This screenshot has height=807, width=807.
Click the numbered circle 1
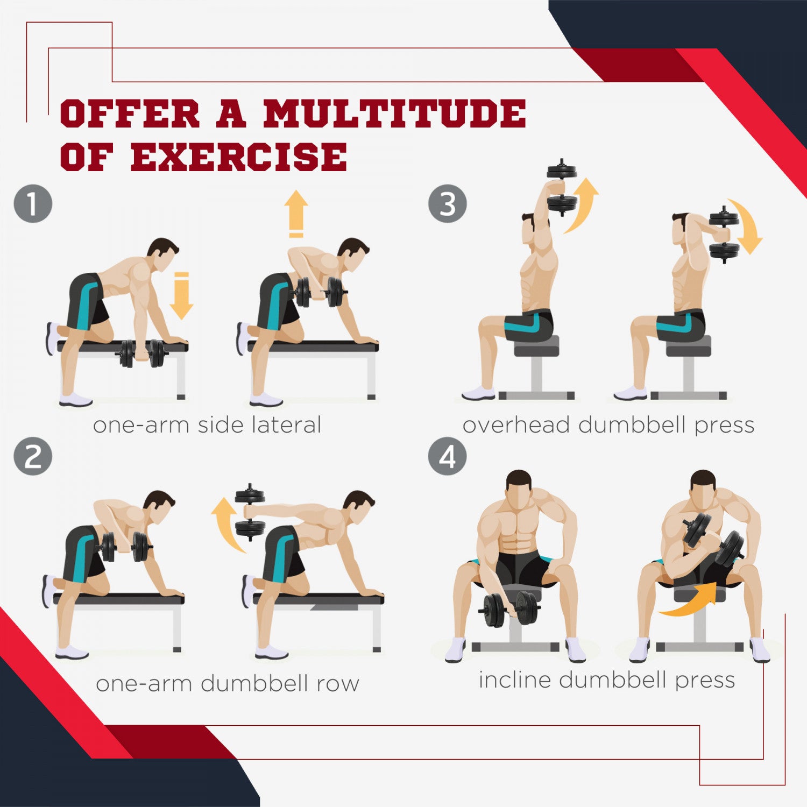pos(33,204)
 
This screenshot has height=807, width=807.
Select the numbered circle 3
pos(447,204)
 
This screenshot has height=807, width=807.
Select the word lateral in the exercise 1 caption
pos(286,424)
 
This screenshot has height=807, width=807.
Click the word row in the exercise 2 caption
pos(337,684)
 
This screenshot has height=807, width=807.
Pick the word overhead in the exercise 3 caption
pos(515,424)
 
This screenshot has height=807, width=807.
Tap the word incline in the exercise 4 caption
pos(514,679)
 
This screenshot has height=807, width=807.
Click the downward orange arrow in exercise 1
pos(181,295)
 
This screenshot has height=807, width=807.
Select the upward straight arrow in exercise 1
pos(296,213)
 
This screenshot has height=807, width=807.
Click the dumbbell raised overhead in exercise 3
pos(562,187)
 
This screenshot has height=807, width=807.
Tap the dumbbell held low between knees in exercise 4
pos(509,609)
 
